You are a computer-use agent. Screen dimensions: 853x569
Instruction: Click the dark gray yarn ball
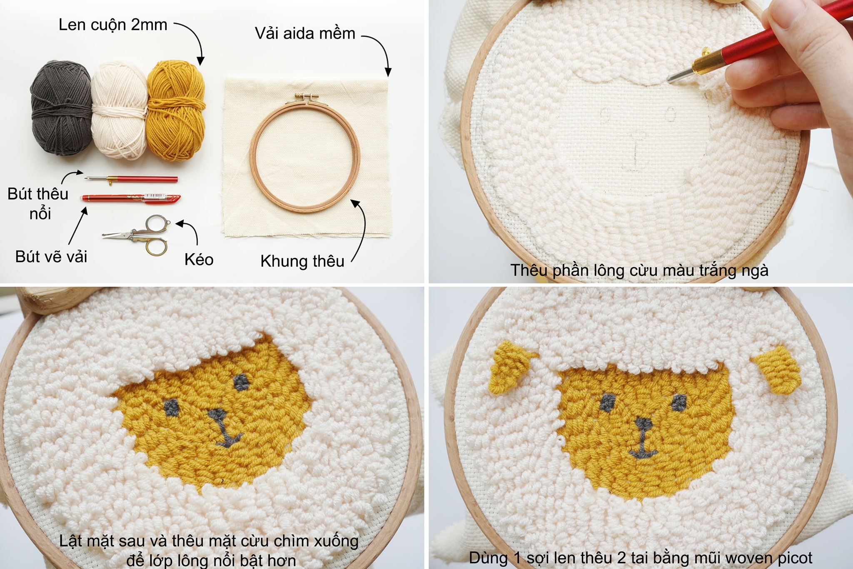(61, 107)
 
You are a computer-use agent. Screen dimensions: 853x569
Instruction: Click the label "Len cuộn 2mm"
(113, 25)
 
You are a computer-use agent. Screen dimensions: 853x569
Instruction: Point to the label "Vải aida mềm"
(305, 33)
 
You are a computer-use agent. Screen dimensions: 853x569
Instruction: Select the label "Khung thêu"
(302, 261)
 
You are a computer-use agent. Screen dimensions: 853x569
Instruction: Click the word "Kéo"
(199, 260)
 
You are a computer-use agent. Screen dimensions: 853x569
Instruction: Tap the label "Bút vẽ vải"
(51, 257)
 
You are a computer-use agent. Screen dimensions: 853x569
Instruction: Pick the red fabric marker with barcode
(131, 198)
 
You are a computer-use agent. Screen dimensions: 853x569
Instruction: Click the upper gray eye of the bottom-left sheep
(241, 382)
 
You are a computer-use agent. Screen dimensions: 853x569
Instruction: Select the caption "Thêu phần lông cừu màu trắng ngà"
(639, 270)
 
